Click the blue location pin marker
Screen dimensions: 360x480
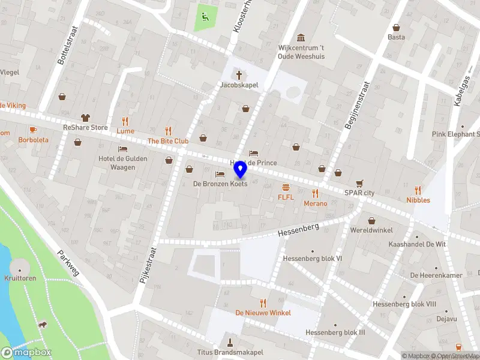coord(240,170)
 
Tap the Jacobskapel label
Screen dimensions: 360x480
coord(239,85)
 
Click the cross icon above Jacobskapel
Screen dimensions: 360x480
coord(239,75)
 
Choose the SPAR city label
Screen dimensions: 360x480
coord(359,193)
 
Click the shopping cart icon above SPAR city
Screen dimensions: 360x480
coord(359,183)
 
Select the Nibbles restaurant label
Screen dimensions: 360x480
coord(418,200)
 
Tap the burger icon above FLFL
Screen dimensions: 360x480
coord(286,187)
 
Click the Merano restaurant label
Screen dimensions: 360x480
coord(315,203)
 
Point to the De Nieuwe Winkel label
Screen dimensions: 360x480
coord(263,313)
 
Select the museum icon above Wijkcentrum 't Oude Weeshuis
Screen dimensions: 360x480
coord(300,37)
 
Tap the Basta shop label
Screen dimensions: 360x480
coord(396,37)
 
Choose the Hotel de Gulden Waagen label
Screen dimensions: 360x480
coord(117,163)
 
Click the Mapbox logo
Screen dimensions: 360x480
coord(27,352)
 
